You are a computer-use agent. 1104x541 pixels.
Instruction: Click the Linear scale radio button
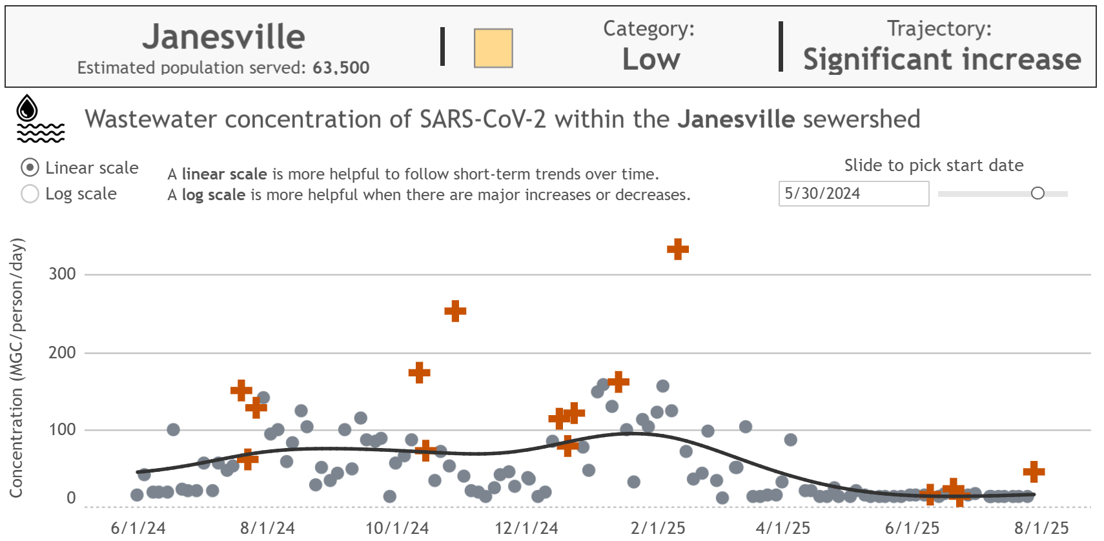[30, 168]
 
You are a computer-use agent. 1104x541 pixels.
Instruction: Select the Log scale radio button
[30, 194]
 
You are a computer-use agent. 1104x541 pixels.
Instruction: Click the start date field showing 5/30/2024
[853, 194]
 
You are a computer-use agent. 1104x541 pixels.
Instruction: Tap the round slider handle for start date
[1038, 193]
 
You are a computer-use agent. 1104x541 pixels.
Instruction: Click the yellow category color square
[493, 48]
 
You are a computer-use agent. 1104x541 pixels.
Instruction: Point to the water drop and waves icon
[40, 119]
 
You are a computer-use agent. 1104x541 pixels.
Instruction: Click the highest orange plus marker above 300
[678, 249]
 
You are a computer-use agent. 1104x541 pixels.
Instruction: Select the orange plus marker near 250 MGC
[455, 311]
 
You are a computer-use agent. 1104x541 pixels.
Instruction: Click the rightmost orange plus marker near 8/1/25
[1034, 471]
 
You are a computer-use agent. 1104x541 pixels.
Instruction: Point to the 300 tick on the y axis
[62, 274]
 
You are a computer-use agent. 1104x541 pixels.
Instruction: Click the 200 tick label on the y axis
[62, 352]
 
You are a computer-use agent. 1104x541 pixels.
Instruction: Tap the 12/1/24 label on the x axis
[526, 528]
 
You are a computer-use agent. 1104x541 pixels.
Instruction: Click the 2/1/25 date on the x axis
[657, 528]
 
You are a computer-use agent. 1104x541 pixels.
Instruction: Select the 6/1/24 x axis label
[138, 528]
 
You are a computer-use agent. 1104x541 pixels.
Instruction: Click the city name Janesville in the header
[223, 37]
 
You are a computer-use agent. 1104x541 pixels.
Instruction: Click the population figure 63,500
[341, 68]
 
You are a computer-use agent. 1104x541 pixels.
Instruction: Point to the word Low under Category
[651, 59]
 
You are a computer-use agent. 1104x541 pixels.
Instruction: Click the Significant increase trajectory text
[941, 59]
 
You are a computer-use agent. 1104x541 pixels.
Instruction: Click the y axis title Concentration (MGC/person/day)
[17, 368]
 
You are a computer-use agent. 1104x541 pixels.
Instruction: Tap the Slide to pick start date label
[934, 165]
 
